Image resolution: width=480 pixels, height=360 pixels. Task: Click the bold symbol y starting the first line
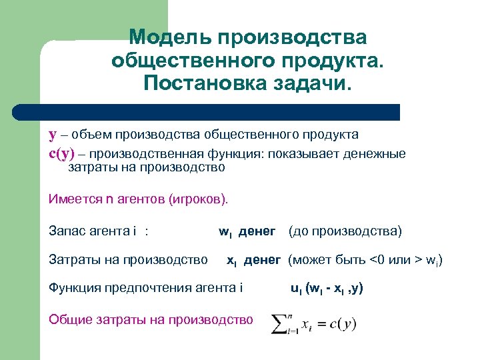point(53,135)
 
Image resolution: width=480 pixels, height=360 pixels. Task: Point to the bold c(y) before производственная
point(62,153)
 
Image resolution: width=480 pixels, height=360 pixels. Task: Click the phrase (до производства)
point(345,231)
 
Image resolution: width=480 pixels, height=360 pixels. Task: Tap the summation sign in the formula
point(279,324)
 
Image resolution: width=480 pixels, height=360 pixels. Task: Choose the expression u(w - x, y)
point(327,288)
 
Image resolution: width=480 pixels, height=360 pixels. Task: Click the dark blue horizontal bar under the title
point(220,111)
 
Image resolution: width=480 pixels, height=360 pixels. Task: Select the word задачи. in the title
point(310,85)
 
